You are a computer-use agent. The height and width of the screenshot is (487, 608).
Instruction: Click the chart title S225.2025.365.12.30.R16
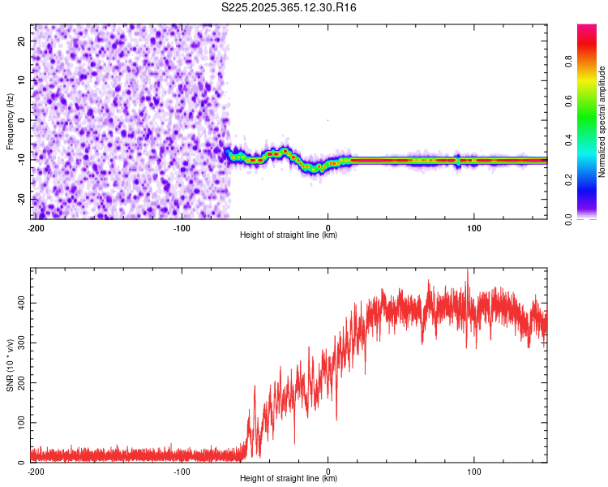[x=289, y=7]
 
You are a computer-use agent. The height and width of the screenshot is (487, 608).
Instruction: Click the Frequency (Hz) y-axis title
[x=10, y=122]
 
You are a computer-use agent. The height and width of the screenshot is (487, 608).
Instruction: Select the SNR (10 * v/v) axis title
[x=10, y=365]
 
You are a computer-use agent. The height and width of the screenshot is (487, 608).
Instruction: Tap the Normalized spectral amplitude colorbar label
[x=602, y=122]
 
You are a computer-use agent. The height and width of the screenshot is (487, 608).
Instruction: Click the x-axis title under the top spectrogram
[x=289, y=235]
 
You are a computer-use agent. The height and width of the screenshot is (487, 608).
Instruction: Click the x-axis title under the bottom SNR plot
[x=289, y=479]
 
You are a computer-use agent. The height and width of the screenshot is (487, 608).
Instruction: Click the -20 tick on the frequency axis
[x=20, y=199]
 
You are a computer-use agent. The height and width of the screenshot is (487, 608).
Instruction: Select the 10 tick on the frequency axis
[x=22, y=80]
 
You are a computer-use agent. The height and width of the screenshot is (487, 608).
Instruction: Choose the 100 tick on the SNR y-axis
[x=19, y=423]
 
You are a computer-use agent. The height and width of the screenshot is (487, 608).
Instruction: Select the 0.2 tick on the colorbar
[x=589, y=179]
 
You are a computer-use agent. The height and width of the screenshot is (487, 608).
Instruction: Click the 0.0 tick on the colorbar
[x=589, y=218]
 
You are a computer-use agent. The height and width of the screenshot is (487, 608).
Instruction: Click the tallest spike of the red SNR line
[x=467, y=271]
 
